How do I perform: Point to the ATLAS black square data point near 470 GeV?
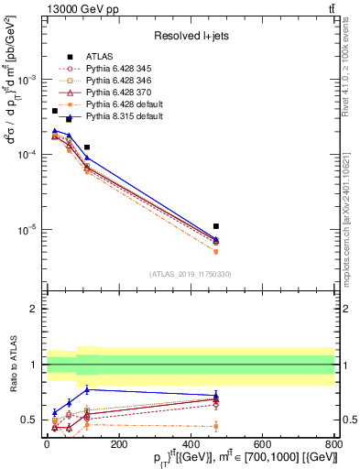[215, 225]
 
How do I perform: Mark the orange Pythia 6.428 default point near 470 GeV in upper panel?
[215, 251]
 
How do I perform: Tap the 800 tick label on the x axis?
[333, 442]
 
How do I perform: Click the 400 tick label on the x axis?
[189, 442]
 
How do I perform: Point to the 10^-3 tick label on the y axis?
[27, 80]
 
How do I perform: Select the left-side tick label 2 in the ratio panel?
[34, 310]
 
